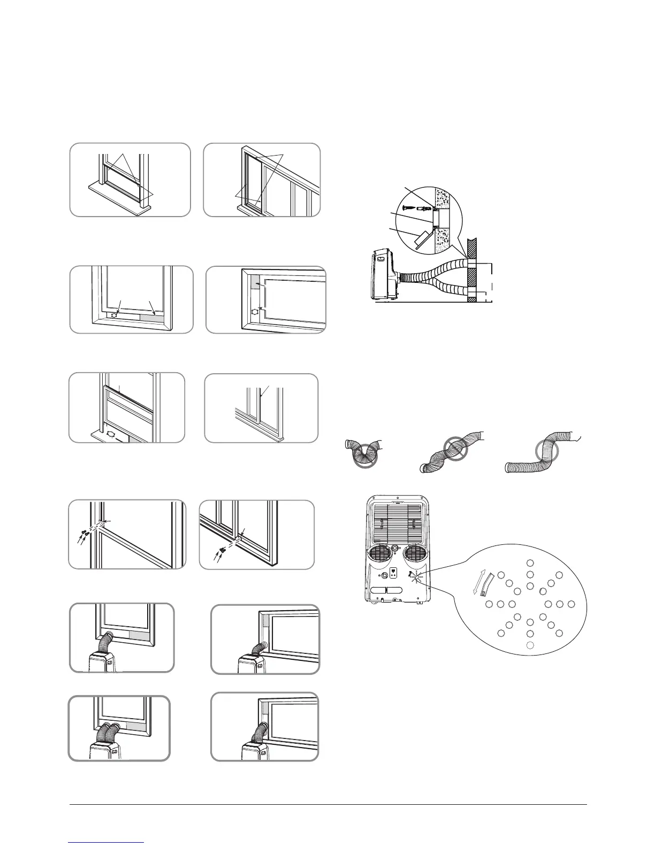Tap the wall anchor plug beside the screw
(421, 207)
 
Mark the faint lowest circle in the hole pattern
(530, 645)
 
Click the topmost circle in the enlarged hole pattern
(530, 562)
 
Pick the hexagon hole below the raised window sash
(111, 434)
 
